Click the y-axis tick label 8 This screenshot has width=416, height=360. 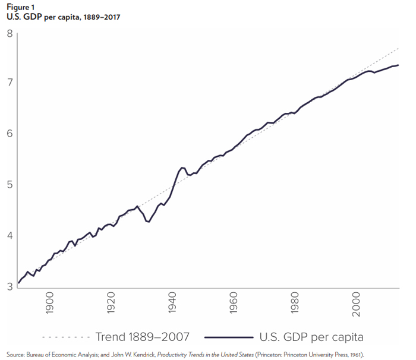(10, 33)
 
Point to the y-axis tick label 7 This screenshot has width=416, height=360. (10, 82)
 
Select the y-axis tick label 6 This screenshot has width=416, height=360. (10, 133)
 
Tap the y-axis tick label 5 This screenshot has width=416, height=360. (10, 184)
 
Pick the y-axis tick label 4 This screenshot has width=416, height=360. (10, 235)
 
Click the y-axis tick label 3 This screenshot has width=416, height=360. (10, 286)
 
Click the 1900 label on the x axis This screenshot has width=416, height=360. (49, 302)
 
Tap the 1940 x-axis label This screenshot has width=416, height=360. (172, 302)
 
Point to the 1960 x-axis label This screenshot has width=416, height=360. (234, 302)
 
